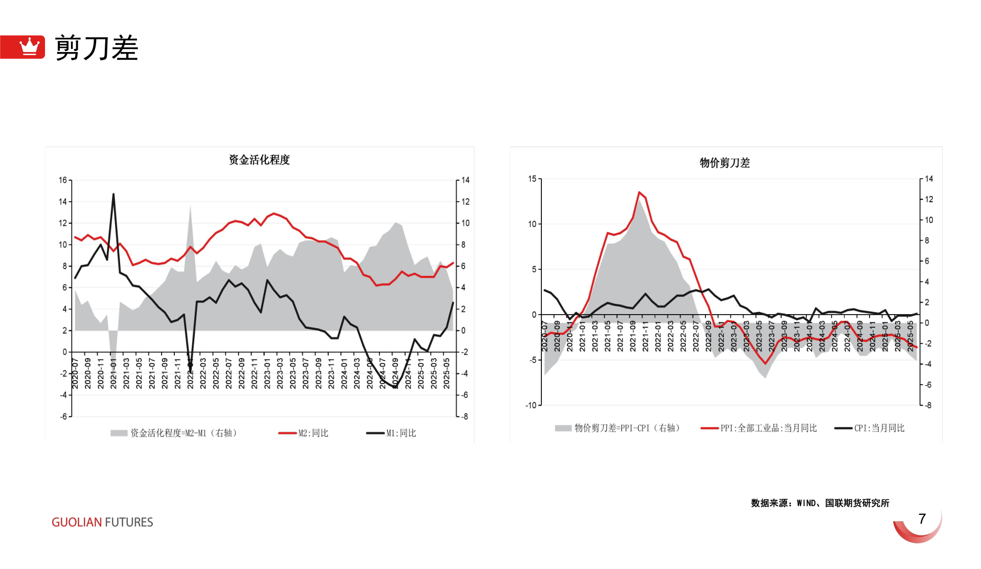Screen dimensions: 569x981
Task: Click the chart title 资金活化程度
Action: (x=259, y=160)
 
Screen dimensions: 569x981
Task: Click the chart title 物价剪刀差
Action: (x=724, y=163)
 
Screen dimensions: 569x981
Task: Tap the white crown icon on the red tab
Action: (x=29, y=46)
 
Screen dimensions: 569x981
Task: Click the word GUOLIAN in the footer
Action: (x=77, y=522)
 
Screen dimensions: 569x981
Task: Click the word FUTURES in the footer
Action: (x=129, y=522)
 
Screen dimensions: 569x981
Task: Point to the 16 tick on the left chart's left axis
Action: (x=63, y=180)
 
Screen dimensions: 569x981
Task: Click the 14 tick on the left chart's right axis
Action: (x=465, y=180)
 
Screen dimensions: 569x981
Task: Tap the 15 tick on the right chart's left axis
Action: (x=532, y=179)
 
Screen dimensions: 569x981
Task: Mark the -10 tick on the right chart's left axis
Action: (x=531, y=405)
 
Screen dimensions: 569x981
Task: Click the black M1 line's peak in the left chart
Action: (x=113, y=194)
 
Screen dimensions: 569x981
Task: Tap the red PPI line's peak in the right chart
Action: (x=640, y=193)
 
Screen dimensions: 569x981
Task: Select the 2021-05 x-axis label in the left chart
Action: (x=139, y=373)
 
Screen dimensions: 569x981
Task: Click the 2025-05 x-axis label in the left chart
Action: (x=446, y=373)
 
